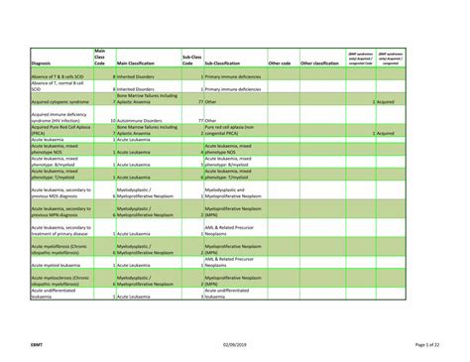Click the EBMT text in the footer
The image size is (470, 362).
pyautogui.click(x=37, y=343)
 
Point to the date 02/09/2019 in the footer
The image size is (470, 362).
pyautogui.click(x=234, y=343)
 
